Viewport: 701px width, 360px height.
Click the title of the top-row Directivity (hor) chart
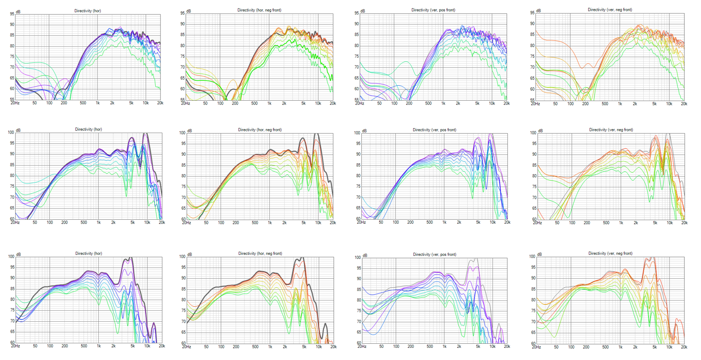coord(88,11)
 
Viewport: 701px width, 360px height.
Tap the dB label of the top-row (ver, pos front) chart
coord(363,11)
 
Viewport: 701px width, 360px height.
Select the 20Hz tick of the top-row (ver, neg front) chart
coord(535,104)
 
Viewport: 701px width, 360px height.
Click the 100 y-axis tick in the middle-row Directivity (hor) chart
coord(11,133)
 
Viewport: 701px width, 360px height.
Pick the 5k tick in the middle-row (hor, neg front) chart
coord(304,223)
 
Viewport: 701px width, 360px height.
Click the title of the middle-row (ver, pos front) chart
coord(434,130)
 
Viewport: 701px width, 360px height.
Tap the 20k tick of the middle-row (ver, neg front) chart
coord(684,223)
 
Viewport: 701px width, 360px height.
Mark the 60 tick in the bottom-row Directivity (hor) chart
coord(12,343)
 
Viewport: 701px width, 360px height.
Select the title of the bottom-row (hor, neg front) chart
coord(259,254)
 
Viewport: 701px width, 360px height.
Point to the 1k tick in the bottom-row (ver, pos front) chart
coord(444,347)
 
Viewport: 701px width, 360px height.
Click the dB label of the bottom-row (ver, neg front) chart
coord(540,255)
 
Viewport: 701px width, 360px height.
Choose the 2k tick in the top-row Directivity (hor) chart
coord(112,103)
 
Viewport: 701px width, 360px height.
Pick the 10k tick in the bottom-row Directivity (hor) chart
coord(147,346)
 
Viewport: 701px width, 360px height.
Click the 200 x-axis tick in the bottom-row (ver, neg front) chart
coord(586,347)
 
